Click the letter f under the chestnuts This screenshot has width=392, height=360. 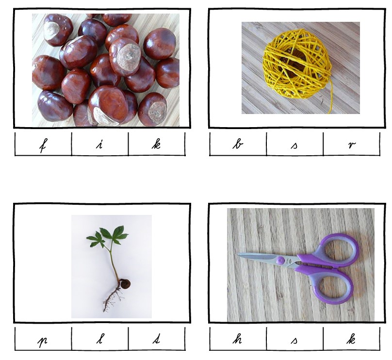pyautogui.click(x=43, y=145)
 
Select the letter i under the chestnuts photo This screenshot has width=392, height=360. pyautogui.click(x=100, y=145)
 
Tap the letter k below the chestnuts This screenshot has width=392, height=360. pyautogui.click(x=156, y=144)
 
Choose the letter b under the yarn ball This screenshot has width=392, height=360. pyautogui.click(x=238, y=144)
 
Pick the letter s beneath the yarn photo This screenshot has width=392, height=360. pyautogui.click(x=294, y=146)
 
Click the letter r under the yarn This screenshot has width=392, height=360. pyautogui.click(x=352, y=145)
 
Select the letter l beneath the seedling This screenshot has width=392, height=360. pyautogui.click(x=100, y=339)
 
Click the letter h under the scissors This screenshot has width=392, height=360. pyautogui.click(x=237, y=339)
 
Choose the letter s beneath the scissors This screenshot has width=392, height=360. pyautogui.click(x=294, y=341)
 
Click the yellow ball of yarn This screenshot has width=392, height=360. pyautogui.click(x=297, y=65)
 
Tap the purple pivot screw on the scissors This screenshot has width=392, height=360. pyautogui.click(x=280, y=261)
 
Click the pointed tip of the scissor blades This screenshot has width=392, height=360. pyautogui.click(x=238, y=255)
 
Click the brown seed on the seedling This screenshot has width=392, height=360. pyautogui.click(x=124, y=284)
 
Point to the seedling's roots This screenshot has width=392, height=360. pyautogui.click(x=112, y=299)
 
